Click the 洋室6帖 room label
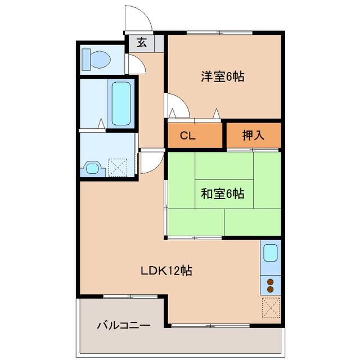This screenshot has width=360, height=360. coord(223,77)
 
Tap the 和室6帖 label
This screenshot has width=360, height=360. coord(223,194)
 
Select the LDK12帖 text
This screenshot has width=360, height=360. coord(166,270)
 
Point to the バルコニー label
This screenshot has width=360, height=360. coord(123,326)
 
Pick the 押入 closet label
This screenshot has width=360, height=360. coord(253,135)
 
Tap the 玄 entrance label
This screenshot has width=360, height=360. coord(142,43)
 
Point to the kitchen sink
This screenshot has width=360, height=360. coord(271,253)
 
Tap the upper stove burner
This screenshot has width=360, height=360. coord(271,281)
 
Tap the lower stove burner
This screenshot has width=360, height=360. coord(271,289)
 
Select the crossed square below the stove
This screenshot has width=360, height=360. coord(271,307)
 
